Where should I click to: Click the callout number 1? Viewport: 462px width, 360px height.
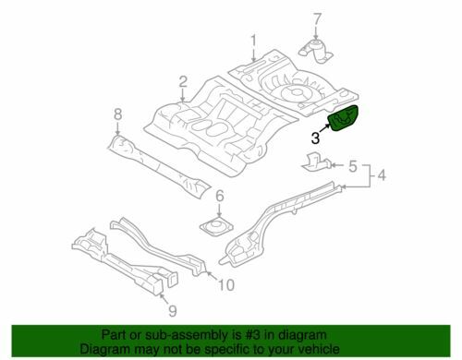pyautogui.click(x=253, y=42)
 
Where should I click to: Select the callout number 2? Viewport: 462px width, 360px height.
pyautogui.click(x=183, y=82)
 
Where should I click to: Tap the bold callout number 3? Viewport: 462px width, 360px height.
pyautogui.click(x=315, y=138)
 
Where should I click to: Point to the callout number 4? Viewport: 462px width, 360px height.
pyautogui.click(x=382, y=175)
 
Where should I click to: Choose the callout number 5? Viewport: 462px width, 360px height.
pyautogui.click(x=353, y=166)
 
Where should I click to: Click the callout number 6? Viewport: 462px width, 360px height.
pyautogui.click(x=219, y=196)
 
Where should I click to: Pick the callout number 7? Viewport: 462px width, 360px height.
pyautogui.click(x=317, y=19)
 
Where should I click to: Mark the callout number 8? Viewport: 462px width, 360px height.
pyautogui.click(x=118, y=114)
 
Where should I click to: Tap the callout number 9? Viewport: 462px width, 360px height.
pyautogui.click(x=173, y=311)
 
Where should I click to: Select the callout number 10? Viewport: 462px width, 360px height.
pyautogui.click(x=225, y=285)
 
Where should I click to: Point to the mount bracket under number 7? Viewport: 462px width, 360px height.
pyautogui.click(x=316, y=52)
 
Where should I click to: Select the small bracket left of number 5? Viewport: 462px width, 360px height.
pyautogui.click(x=316, y=162)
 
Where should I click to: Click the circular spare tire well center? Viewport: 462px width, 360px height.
pyautogui.click(x=295, y=91)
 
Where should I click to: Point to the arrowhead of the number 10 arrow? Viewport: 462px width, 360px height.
pyautogui.click(x=207, y=272)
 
